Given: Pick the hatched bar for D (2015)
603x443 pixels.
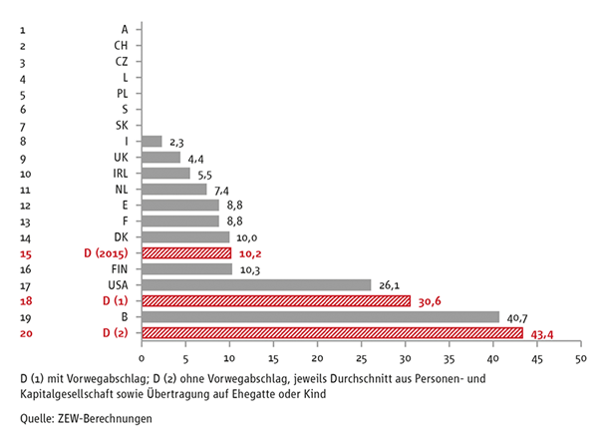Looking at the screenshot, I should [186, 252].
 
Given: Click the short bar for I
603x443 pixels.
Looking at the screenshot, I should [151, 141].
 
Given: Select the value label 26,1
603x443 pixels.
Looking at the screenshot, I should [390, 285].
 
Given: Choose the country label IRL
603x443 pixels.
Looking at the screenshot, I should [120, 173].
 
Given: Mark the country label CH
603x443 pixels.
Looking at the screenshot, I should [121, 45].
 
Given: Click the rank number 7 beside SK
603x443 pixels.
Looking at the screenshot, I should [22, 125].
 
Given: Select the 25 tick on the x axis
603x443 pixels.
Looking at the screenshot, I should [361, 357].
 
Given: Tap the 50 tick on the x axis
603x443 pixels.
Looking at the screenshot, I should [580, 357].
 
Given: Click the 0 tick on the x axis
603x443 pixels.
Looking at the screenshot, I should [142, 357].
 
